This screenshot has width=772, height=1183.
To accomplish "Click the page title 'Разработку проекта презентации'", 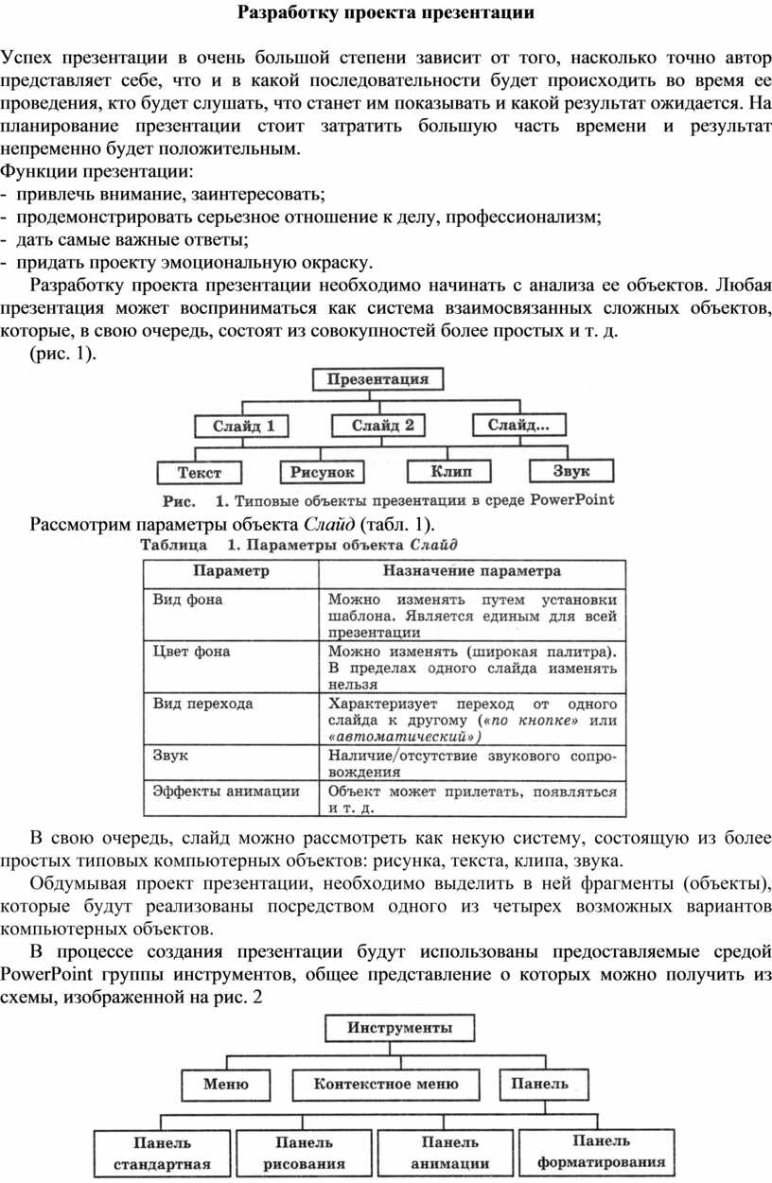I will point(385,13).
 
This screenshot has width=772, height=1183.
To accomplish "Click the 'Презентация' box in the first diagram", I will point(377,380).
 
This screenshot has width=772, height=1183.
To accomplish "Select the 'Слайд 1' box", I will point(242,426).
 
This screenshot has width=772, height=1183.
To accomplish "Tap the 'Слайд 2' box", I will point(383,426).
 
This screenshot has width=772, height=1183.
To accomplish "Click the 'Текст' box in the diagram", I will point(200,472).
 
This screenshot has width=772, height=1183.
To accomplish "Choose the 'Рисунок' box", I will point(322,471).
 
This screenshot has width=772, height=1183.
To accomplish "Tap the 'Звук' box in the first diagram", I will point(570,470).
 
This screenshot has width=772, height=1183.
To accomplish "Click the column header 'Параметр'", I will point(231,571).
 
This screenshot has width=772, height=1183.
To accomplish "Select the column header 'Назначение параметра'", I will point(471,571).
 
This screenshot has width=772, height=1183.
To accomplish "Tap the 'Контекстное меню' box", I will point(385,1084).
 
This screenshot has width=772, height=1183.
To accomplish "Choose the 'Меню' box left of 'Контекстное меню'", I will point(227,1084).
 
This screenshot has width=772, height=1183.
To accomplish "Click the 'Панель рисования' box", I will point(304,1154).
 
